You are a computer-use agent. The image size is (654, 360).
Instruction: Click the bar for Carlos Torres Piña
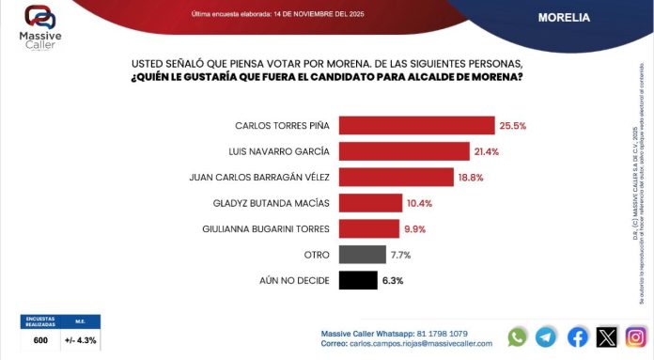click(x=416, y=125)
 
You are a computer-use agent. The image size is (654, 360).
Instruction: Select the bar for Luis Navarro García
click(x=403, y=150)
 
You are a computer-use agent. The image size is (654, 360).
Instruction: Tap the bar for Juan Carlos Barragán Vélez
click(x=396, y=177)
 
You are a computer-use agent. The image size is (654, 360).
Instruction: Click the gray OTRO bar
click(x=362, y=254)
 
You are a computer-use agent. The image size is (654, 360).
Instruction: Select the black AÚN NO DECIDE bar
click(x=357, y=280)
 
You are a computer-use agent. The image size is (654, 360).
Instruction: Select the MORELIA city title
click(x=564, y=17)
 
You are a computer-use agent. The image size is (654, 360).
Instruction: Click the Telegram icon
click(x=546, y=337)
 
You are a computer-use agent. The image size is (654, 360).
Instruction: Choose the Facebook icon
click(x=578, y=337)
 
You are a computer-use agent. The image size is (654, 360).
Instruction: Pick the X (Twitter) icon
click(x=607, y=337)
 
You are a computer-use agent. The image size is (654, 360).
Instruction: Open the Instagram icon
click(x=636, y=337)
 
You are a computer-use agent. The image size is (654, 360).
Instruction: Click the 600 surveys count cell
click(x=40, y=340)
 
